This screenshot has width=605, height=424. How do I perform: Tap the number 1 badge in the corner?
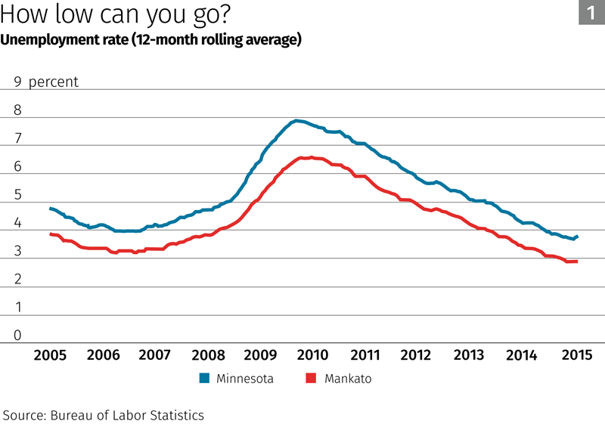coord(591,12)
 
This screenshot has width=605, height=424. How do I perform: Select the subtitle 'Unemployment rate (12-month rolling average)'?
coord(151,40)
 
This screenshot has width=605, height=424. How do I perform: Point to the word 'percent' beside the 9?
coord(53,82)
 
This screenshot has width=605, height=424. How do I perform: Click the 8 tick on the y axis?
coord(17,110)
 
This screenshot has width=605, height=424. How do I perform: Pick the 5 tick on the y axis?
coord(17,196)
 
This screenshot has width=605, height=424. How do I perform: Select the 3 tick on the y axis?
coord(17,252)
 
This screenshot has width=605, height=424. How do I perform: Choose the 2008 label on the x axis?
coord(207,355)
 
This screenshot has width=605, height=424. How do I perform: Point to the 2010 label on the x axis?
coord(312,355)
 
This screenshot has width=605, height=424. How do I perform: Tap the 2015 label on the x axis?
coord(572,355)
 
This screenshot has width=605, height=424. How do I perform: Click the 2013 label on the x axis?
coord(468,355)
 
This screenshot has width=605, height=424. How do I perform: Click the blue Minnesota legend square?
coord(204,379)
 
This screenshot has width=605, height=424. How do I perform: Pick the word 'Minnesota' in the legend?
coord(245,379)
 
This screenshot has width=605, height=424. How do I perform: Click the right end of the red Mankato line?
coord(577,262)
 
